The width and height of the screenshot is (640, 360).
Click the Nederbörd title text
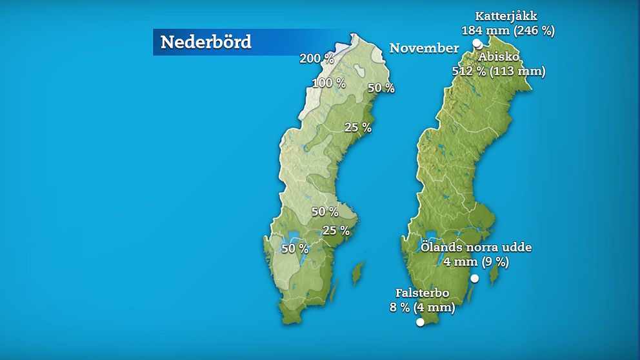coord(206,42)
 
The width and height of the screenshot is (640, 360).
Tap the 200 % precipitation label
coord(317,59)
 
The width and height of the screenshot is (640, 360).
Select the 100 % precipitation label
coord(328,83)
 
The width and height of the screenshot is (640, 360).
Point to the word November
coord(424,48)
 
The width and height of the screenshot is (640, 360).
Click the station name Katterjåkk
coord(506,15)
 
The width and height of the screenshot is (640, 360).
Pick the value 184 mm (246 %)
coord(508,30)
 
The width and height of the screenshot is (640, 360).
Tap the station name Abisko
coord(499,57)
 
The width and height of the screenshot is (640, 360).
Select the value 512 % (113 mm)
coord(499,71)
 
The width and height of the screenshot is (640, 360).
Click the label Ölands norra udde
coord(476,247)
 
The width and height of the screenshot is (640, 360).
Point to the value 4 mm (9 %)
coord(476,261)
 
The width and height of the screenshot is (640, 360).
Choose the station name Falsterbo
coord(423,294)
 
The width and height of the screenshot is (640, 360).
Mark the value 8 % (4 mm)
coord(423,307)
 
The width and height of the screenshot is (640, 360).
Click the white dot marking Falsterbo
coord(421,322)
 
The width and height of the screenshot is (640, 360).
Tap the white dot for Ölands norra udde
coord(474,279)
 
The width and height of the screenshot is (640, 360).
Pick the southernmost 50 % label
coord(295,248)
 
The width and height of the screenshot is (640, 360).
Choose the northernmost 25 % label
coord(358,128)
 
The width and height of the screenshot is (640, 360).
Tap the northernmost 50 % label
coord(381,88)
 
